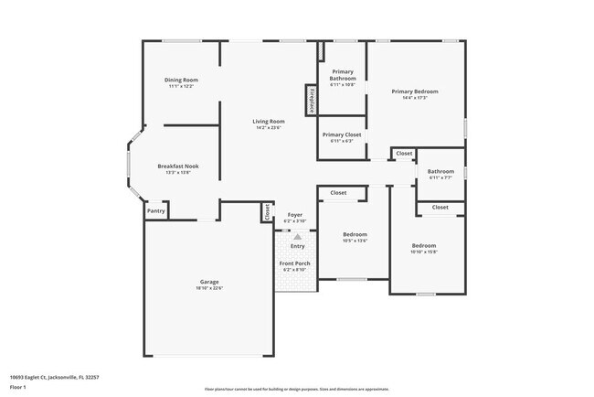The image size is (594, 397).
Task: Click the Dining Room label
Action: click(x=182, y=80)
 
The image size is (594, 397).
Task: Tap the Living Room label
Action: click(x=269, y=121)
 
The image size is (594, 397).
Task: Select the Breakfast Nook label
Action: click(x=177, y=166)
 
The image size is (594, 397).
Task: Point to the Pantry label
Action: click(x=156, y=211)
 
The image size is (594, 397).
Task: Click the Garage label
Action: click(x=209, y=281)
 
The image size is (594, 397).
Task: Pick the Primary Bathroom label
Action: click(x=343, y=75)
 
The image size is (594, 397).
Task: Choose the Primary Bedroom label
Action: click(x=415, y=91)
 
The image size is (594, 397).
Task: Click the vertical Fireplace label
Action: click(x=311, y=100)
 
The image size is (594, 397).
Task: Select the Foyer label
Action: click(x=294, y=215)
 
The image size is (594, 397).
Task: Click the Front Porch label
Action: click(x=294, y=263)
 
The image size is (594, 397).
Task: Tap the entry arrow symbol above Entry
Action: click(x=297, y=236)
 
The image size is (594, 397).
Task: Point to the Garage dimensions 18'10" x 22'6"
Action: click(x=209, y=288)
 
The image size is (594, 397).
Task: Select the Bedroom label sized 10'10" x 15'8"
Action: click(x=423, y=245)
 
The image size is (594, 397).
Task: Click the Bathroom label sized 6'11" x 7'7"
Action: click(x=440, y=171)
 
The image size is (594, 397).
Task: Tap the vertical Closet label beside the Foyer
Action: click(x=267, y=212)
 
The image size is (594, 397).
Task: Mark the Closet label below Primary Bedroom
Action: click(x=404, y=153)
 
